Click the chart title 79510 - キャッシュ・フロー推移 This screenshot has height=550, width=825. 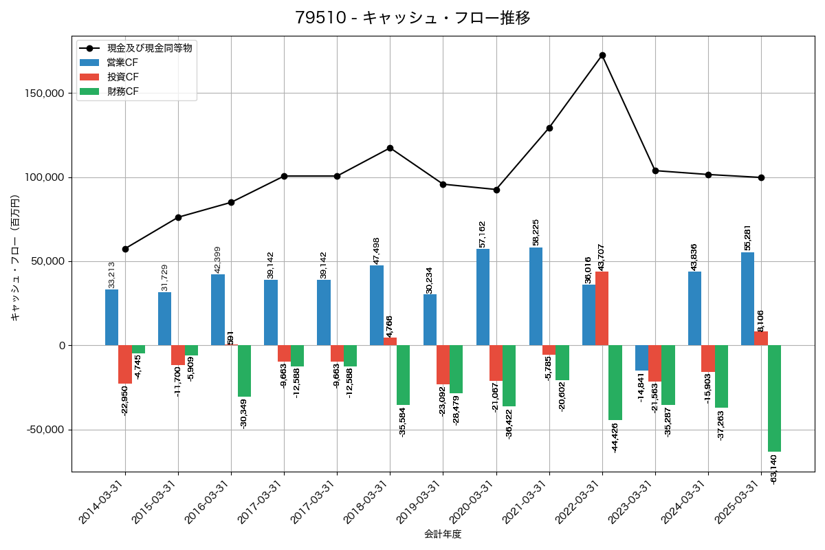412,18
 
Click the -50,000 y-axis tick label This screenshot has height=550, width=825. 46,430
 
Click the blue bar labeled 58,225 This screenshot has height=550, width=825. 536,296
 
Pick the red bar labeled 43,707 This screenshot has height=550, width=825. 602,309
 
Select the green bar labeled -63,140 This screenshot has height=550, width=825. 774,398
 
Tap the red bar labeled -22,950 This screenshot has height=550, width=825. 125,364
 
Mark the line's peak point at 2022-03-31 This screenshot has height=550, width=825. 602,55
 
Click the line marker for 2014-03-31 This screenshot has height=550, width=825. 125,249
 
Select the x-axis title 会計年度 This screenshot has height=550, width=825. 443,534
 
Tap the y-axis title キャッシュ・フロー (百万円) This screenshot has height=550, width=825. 15,258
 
